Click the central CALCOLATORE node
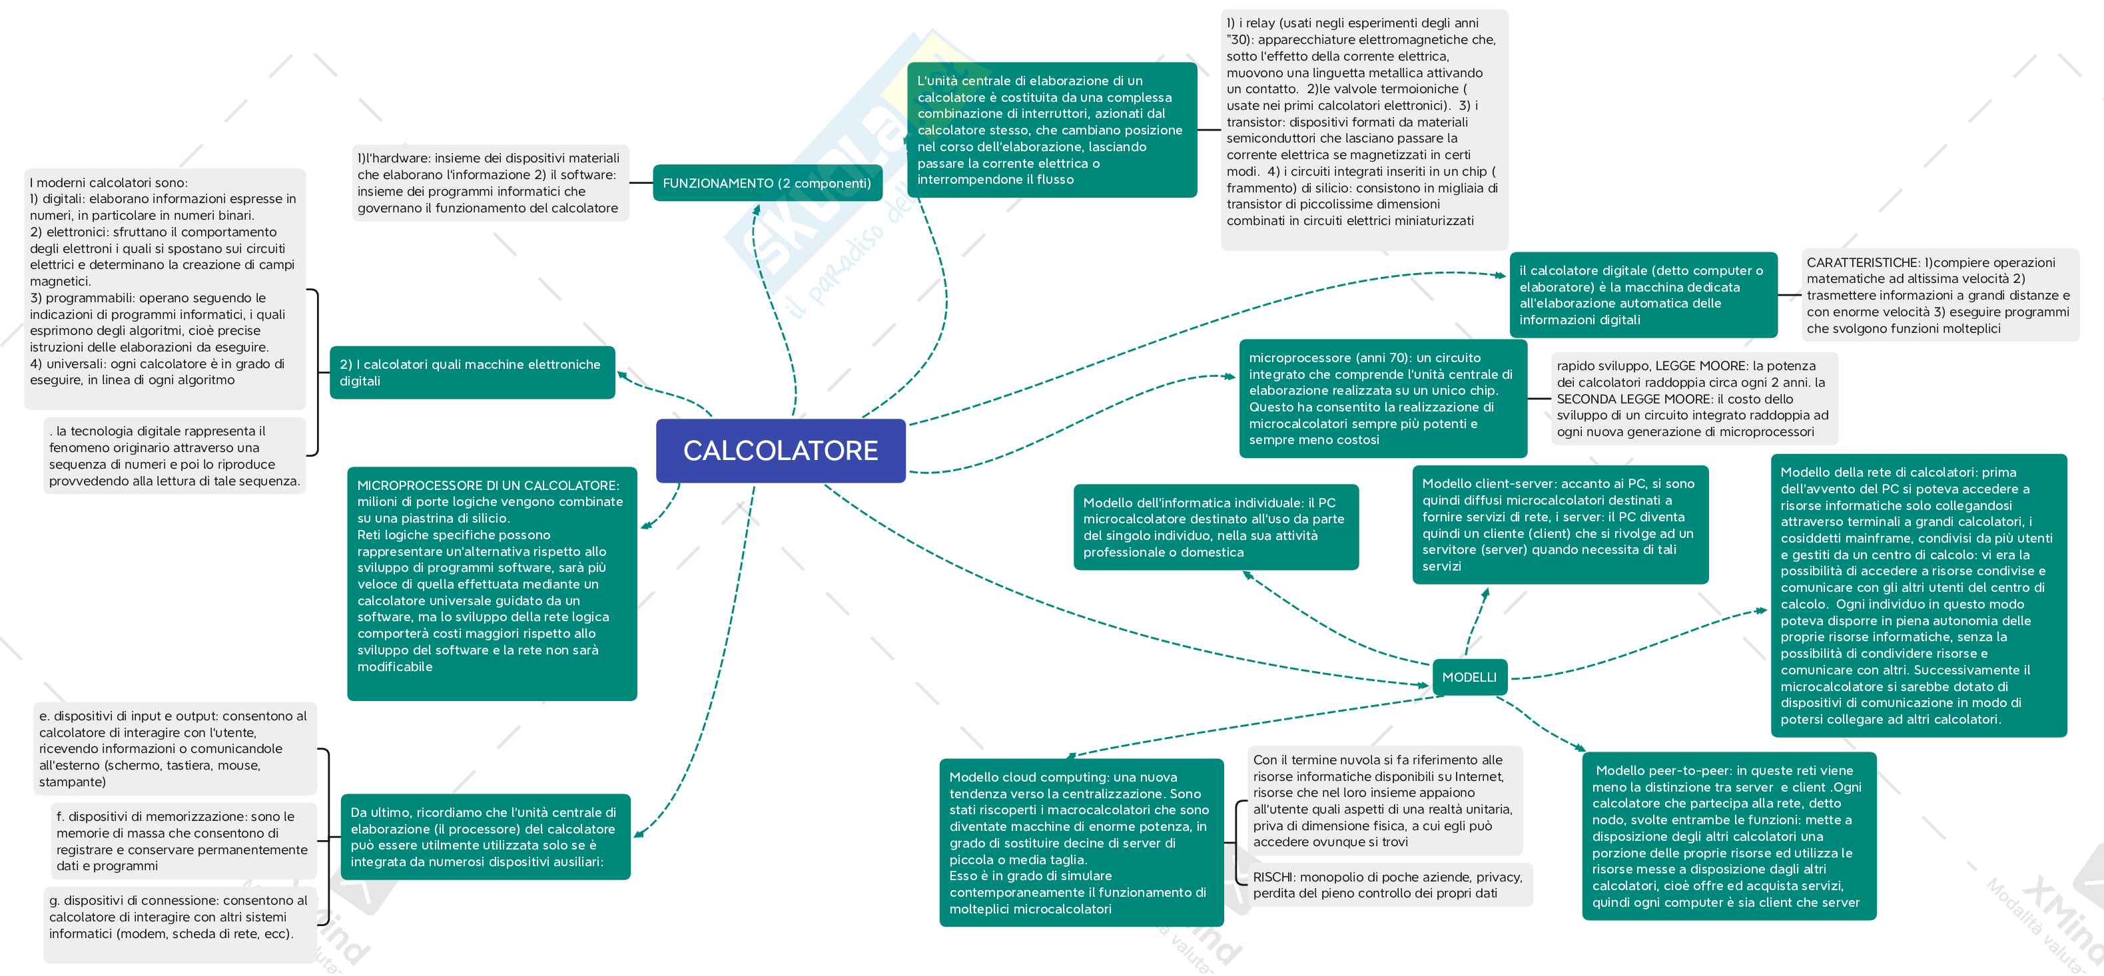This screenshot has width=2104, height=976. (x=780, y=451)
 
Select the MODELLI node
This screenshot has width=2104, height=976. (x=1469, y=677)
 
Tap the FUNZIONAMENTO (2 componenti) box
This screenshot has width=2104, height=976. (x=767, y=183)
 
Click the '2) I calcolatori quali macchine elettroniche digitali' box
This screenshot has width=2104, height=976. (x=472, y=372)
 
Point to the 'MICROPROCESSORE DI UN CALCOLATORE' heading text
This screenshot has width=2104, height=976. (x=488, y=485)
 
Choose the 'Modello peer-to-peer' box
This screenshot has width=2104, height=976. (x=1728, y=836)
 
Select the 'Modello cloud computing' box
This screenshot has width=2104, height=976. (x=1080, y=842)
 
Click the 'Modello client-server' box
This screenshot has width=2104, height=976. (x=1559, y=525)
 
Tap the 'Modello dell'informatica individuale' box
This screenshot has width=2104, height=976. (x=1215, y=527)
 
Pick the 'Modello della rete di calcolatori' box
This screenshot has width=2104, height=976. (x=1917, y=595)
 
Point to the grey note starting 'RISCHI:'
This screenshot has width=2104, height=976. (x=1387, y=885)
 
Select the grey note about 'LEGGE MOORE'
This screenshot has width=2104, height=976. (x=1692, y=399)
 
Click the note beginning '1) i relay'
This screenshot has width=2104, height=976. (x=1363, y=122)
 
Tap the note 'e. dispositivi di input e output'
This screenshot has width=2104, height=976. (x=173, y=748)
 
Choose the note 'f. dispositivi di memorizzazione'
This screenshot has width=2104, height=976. (x=181, y=840)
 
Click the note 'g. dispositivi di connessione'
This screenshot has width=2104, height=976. (x=178, y=916)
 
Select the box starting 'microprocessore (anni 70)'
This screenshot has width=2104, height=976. (x=1381, y=399)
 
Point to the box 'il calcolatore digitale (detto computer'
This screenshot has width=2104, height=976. (x=1642, y=295)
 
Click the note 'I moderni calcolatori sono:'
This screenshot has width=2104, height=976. (x=163, y=282)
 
